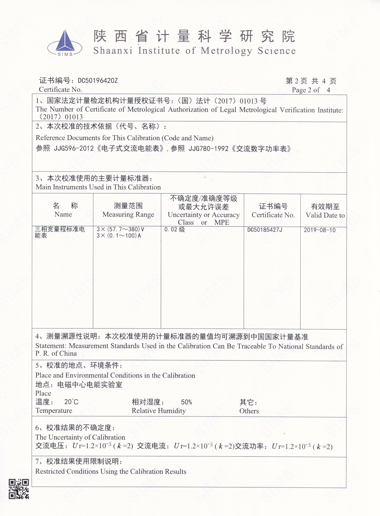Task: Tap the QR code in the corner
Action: [x=19, y=489]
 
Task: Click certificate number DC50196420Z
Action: [x=98, y=81]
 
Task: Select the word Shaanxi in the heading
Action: [x=113, y=51]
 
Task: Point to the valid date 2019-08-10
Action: [x=319, y=230]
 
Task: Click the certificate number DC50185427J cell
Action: [x=265, y=230]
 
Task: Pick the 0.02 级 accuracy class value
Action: [x=174, y=229]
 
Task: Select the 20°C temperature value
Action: [x=71, y=402]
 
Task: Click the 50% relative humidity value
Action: [x=186, y=402]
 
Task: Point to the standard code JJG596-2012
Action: [x=74, y=148]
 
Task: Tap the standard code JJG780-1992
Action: [x=208, y=148]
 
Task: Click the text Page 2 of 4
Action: [x=311, y=90]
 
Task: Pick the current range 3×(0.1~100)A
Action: [x=119, y=236]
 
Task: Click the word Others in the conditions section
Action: [x=249, y=411]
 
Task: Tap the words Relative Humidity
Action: [x=158, y=411]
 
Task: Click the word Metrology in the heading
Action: [x=227, y=51]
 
